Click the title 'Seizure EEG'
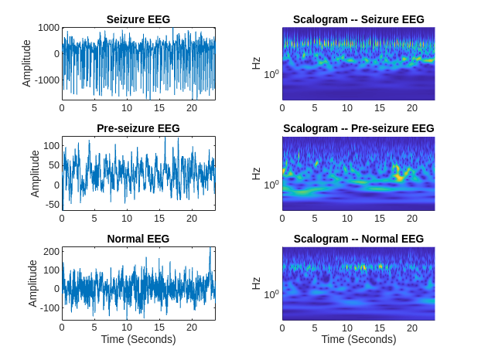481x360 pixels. tap(138, 19)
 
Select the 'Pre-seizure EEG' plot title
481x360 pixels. tap(138, 128)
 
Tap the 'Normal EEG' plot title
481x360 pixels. tap(138, 239)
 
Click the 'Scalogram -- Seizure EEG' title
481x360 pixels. tap(358, 19)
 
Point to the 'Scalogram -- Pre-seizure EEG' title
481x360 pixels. tap(358, 128)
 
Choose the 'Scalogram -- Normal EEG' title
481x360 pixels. tap(358, 239)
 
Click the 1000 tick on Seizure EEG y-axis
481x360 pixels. tap(48, 28)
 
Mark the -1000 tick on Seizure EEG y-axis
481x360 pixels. tap(46, 80)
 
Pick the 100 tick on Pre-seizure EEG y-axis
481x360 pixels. tap(49, 145)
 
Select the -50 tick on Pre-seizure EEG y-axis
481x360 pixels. tap(49, 205)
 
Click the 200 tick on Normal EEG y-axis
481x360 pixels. tap(49, 252)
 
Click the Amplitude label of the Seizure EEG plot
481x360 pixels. tap(27, 63)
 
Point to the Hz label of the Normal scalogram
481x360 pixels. tap(256, 284)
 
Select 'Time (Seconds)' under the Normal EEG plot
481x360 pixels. tap(138, 339)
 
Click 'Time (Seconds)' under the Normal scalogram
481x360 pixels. tap(358, 339)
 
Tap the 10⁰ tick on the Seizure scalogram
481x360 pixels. tap(271, 74)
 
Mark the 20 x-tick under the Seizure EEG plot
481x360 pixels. tap(192, 108)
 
